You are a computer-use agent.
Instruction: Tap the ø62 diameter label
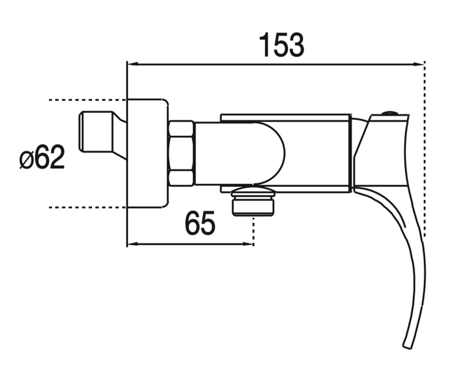[42, 157]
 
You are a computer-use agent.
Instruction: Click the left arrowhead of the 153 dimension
[133, 64]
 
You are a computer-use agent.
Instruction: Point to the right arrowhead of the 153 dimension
[418, 64]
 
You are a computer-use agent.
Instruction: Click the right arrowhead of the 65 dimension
[248, 244]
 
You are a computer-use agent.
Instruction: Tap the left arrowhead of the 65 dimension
[133, 244]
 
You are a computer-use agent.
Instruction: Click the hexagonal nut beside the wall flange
[181, 153]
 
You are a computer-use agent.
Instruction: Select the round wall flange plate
[147, 154]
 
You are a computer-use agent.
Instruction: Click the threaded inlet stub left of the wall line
[102, 135]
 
